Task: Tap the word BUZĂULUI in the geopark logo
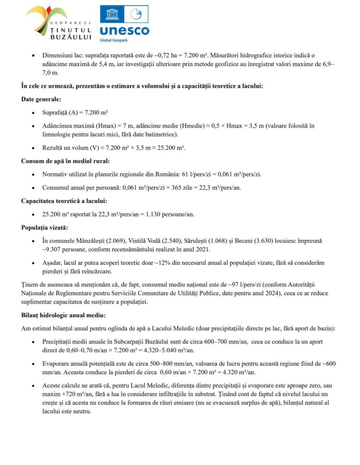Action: tap(73, 37)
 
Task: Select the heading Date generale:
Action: tap(41, 99)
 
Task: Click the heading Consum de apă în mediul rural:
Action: tap(65, 161)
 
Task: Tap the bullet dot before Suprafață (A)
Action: tap(33, 113)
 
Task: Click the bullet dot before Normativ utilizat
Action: tap(33, 174)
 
